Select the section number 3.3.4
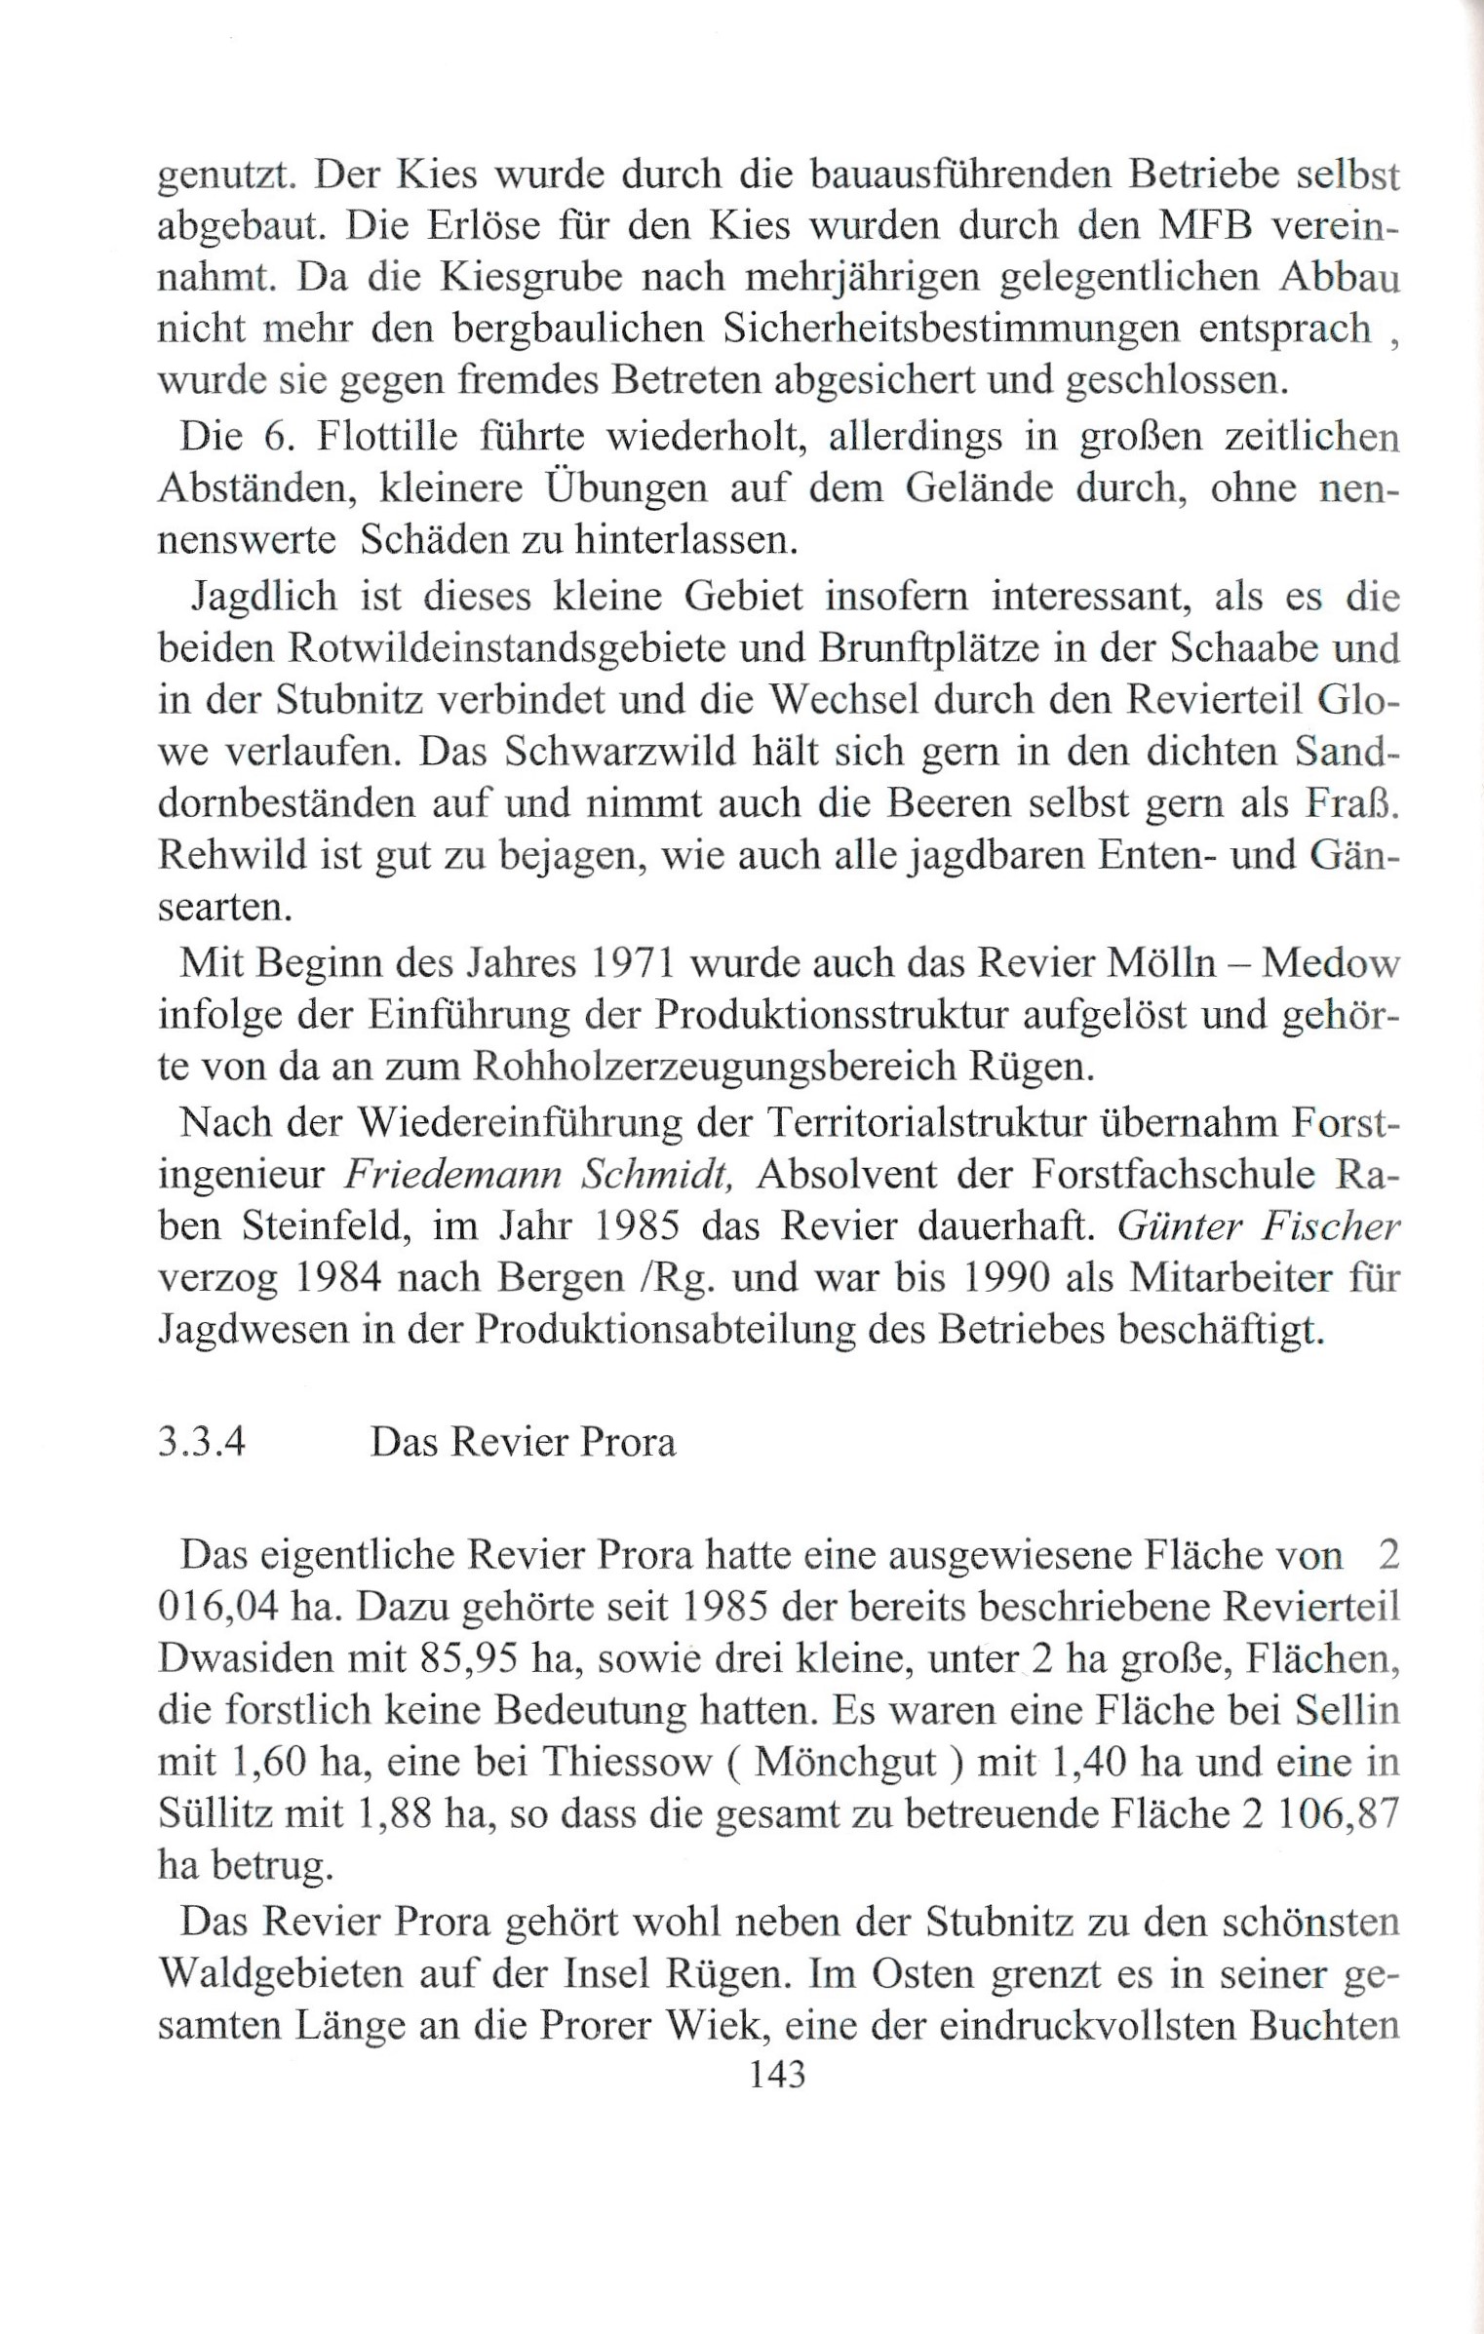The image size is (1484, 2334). click(201, 1442)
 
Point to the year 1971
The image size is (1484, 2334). click(626, 963)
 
